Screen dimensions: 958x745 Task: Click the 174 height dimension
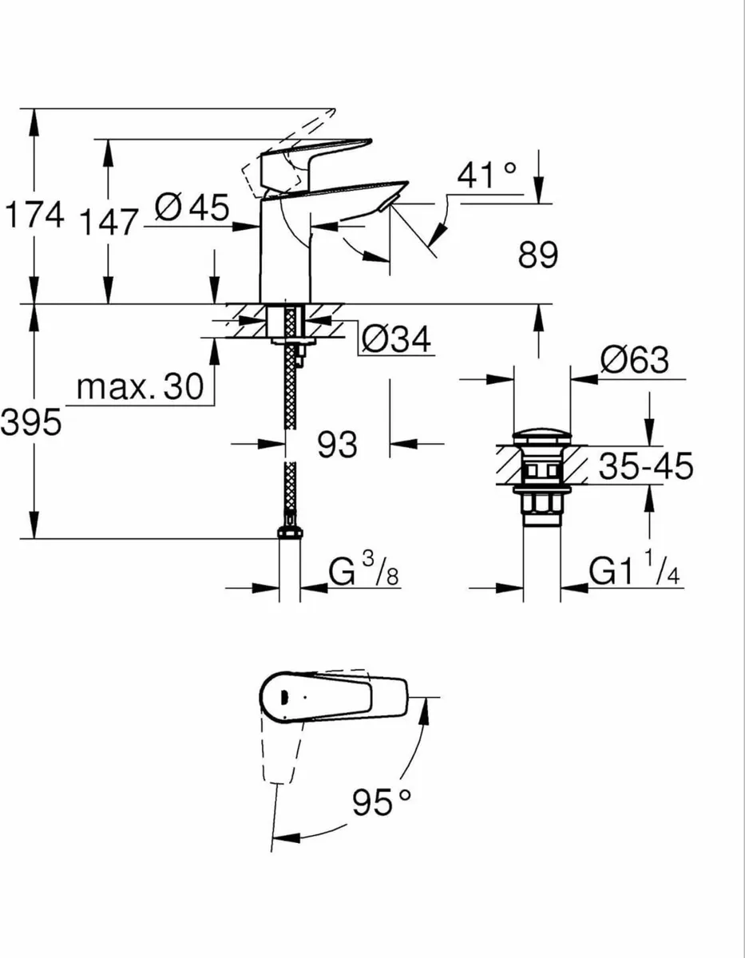click(33, 216)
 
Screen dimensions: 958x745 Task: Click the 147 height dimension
click(110, 223)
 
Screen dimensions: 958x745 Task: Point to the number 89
click(537, 256)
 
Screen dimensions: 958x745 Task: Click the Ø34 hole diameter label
click(395, 341)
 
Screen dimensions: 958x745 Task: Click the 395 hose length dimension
click(30, 423)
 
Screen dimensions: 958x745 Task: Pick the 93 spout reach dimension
click(338, 445)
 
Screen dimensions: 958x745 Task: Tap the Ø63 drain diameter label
click(635, 361)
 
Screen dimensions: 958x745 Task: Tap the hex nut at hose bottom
click(290, 536)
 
